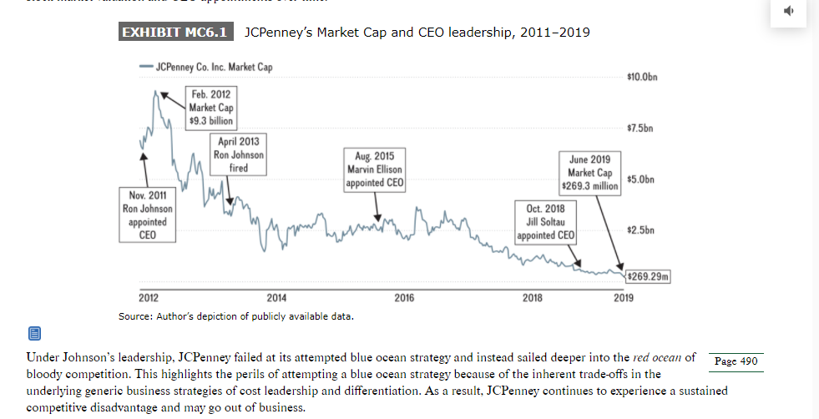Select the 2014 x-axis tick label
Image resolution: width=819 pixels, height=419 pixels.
pos(276,298)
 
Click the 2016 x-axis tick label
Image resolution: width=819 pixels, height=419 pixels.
pos(404,298)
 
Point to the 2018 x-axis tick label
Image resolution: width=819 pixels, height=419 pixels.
pos(532,298)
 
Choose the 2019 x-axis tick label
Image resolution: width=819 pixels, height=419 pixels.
pos(623,298)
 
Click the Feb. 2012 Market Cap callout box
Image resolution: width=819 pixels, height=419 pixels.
pos(210,107)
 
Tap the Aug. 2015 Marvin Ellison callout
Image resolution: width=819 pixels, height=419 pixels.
pos(375,169)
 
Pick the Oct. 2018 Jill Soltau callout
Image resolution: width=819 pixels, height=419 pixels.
pos(545,221)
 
